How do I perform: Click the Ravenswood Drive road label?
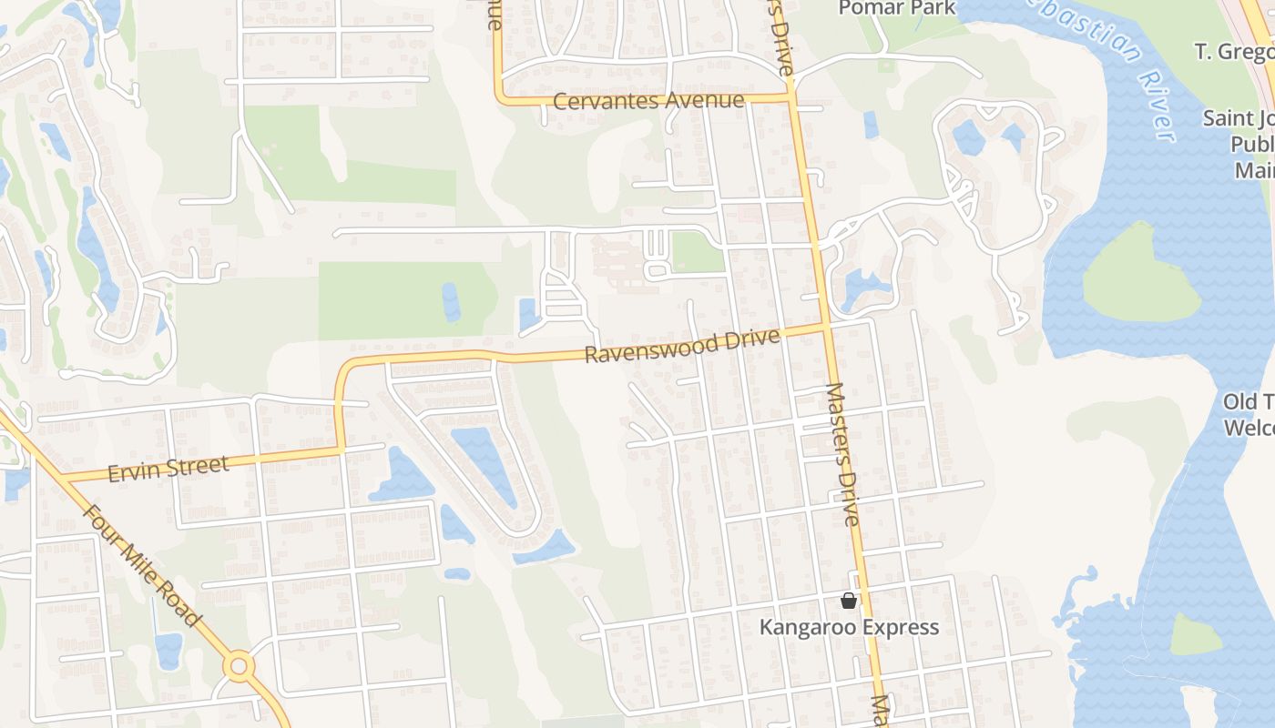coord(682,346)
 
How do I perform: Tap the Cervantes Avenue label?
coord(648,100)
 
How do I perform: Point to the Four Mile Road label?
coord(141,564)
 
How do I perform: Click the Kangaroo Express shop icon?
coord(849,601)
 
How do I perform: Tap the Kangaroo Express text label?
coord(849,627)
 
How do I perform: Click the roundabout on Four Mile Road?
coord(240,666)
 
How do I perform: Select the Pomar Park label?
coord(897,8)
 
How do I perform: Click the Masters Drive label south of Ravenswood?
coord(842,455)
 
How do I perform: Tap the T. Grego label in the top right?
coord(1234,51)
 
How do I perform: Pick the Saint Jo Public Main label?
coord(1239,144)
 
